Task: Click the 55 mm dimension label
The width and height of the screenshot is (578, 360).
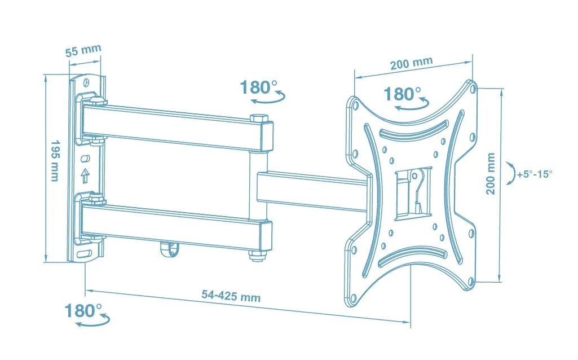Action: tap(83, 50)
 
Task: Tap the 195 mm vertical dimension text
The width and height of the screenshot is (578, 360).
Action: tap(55, 160)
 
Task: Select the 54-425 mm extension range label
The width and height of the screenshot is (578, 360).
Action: tap(231, 296)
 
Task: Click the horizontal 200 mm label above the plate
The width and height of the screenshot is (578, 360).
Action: tap(412, 63)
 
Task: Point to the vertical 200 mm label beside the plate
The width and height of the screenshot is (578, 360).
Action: tap(490, 174)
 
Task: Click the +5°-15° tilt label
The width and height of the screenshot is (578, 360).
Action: tap(535, 174)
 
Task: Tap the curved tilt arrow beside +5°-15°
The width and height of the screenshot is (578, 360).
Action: tap(510, 173)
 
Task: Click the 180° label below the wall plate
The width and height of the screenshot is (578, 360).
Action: tap(83, 310)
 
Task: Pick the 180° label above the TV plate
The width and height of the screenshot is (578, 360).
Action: tap(402, 94)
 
